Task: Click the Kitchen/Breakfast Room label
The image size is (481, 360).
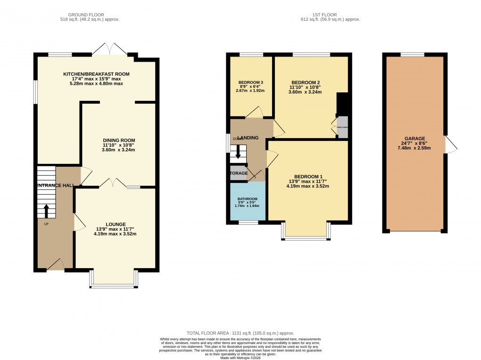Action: (x=97, y=74)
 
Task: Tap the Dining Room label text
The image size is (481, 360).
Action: (x=119, y=140)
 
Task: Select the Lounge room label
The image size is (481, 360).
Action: (x=115, y=224)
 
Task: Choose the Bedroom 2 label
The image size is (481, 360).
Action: (x=305, y=81)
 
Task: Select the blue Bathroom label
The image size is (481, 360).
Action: (x=248, y=199)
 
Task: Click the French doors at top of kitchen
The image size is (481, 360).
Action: (x=109, y=49)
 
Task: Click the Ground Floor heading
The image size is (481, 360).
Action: (x=90, y=15)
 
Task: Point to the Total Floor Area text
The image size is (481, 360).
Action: (x=240, y=332)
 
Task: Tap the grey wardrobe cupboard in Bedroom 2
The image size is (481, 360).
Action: (x=343, y=127)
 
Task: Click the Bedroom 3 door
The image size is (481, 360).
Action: (x=254, y=112)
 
